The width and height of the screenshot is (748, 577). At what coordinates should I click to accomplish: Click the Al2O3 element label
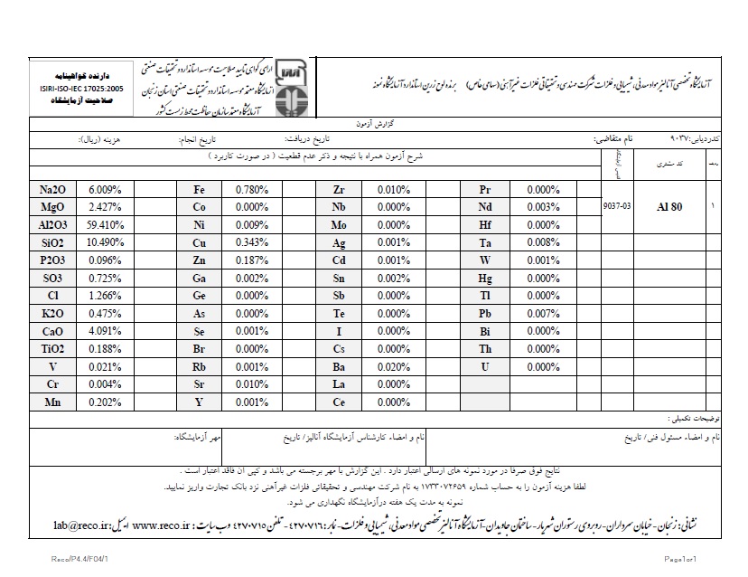pos(52,224)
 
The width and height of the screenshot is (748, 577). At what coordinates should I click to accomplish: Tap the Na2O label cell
pos(52,190)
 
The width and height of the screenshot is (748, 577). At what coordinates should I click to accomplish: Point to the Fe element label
pos(200,190)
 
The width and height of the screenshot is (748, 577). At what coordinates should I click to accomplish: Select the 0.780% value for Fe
pos(249,190)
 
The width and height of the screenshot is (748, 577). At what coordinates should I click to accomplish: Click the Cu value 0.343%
pos(249,242)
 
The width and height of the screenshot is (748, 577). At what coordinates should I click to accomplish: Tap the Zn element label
pos(200,260)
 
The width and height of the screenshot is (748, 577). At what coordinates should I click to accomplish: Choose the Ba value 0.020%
pos(395,367)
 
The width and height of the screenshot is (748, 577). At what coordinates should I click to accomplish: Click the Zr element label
pos(339,190)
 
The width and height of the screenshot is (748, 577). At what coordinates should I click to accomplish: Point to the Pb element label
pos(485,314)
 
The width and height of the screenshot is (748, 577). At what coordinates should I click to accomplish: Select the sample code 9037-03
pos(617,207)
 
